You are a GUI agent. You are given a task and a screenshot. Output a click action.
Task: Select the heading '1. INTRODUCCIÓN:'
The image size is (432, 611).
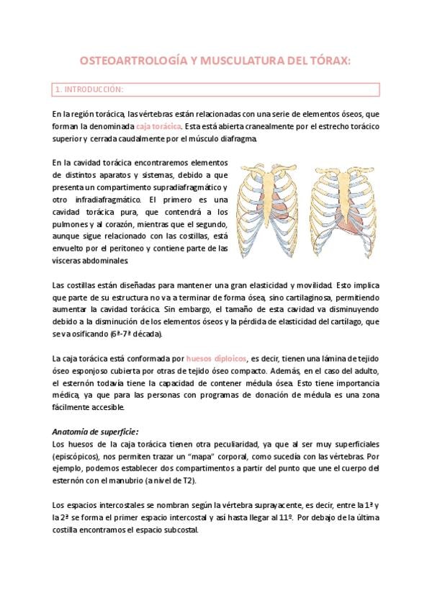pyautogui.click(x=89, y=90)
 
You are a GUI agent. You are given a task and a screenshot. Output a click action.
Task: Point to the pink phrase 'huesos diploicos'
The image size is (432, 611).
pyautogui.click(x=215, y=358)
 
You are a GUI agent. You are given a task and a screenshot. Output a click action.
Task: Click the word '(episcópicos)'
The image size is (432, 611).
pyautogui.click(x=77, y=456)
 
